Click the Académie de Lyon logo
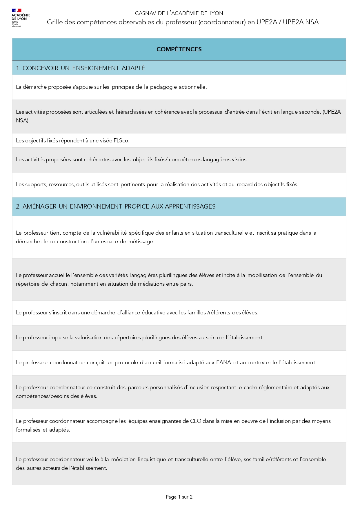(x=20, y=18)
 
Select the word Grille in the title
(x=55, y=22)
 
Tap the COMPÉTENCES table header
(x=179, y=49)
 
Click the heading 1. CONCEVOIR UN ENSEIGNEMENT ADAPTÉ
(x=81, y=68)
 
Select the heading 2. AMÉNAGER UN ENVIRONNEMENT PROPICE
(x=116, y=207)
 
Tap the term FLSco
(x=121, y=141)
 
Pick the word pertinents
(x=132, y=184)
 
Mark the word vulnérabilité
(x=112, y=233)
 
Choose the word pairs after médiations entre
(x=186, y=284)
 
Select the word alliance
(x=128, y=313)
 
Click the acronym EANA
(x=223, y=363)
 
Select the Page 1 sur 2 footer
(x=179, y=497)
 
